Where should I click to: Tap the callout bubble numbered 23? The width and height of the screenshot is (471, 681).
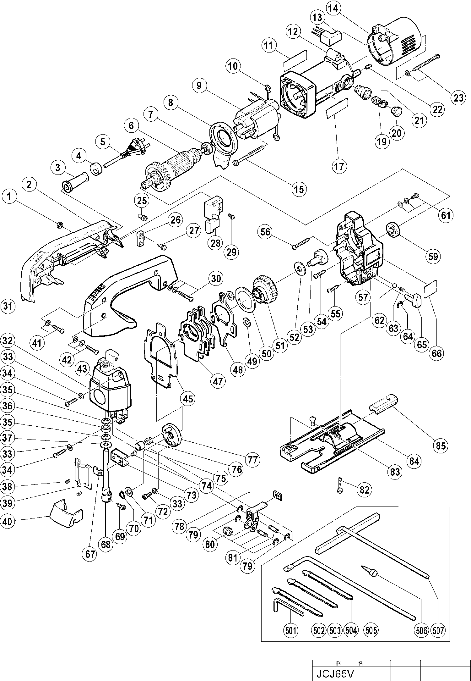pos(458,97)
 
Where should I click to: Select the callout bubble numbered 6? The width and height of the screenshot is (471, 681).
pos(131,126)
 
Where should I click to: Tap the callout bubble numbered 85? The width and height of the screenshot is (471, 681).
pos(441,446)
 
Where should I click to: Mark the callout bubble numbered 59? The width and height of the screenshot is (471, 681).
pos(433,256)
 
